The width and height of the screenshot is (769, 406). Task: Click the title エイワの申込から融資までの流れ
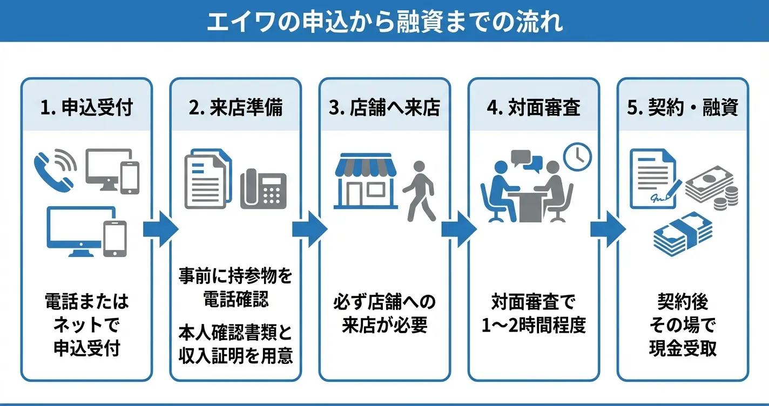pyautogui.click(x=384, y=22)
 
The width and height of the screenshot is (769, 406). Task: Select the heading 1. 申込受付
pyautogui.click(x=86, y=108)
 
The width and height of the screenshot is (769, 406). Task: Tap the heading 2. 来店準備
pyautogui.click(x=235, y=108)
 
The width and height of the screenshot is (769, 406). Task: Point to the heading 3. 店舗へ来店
pyautogui.click(x=384, y=108)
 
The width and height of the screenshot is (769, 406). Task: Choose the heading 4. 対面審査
pyautogui.click(x=534, y=108)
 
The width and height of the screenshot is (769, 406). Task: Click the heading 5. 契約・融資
pyautogui.click(x=683, y=108)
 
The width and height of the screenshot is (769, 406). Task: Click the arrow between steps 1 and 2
pyautogui.click(x=160, y=229)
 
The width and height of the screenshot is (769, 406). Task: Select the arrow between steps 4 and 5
pyautogui.click(x=608, y=229)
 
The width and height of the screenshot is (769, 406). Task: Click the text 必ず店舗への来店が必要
pyautogui.click(x=384, y=314)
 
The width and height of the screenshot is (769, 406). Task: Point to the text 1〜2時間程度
pyautogui.click(x=534, y=326)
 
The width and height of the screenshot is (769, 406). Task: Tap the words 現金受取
pyautogui.click(x=683, y=348)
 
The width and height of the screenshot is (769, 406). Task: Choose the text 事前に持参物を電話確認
pyautogui.click(x=235, y=287)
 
